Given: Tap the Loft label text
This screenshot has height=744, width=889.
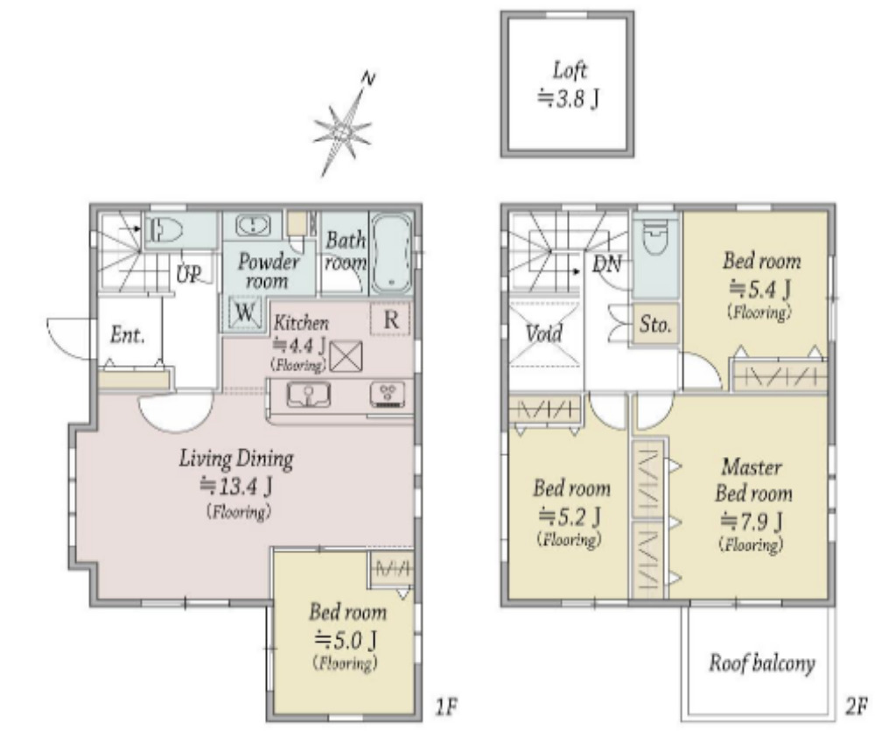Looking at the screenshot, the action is point(570,71).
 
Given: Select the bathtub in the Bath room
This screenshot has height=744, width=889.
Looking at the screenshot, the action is point(391,253).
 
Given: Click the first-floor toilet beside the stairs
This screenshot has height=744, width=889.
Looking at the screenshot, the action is point(164,231).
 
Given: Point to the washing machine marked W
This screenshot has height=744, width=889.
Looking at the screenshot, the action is point(245,312).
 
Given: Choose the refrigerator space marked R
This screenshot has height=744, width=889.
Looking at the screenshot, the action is point(390,319).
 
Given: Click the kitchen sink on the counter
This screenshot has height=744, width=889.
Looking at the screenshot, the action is point(308,395).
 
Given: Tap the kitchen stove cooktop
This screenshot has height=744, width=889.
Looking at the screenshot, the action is point(388,395).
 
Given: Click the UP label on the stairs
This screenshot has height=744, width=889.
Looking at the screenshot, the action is point(188,275).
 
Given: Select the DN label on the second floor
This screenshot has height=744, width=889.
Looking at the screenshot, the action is point(607,263).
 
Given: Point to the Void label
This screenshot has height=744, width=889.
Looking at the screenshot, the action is point(543,333).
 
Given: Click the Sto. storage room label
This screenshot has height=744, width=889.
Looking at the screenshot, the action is point(654,324).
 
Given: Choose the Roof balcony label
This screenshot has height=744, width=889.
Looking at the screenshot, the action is point(762,663).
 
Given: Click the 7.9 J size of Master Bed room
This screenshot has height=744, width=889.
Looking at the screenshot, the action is point(752,521).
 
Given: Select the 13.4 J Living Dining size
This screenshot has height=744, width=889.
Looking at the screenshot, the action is point(236,487).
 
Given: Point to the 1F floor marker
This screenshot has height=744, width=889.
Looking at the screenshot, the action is point(446,706).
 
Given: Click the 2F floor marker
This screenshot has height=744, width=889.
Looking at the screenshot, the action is point(856,706).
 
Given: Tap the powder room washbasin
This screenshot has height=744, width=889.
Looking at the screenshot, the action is point(252,226).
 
